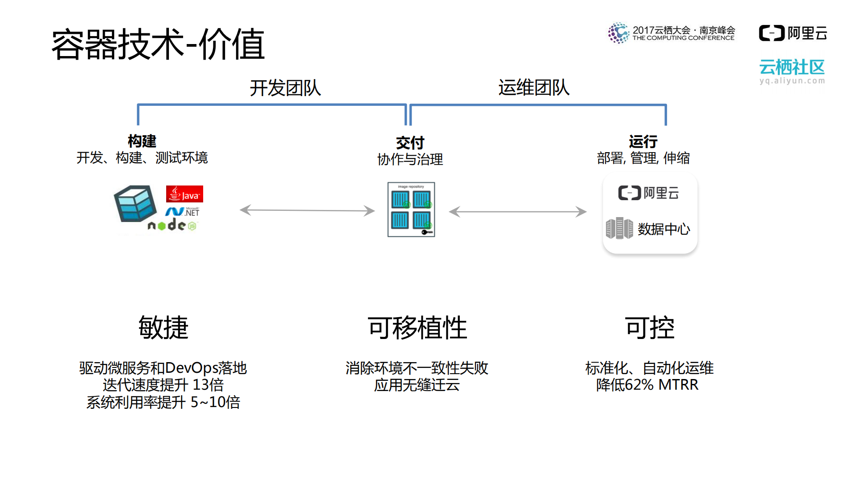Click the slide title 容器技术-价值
[x=158, y=44]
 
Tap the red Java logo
[x=184, y=194]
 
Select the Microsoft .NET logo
[x=183, y=212]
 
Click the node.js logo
[x=172, y=225]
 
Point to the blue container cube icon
[x=135, y=204]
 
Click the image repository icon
[x=411, y=210]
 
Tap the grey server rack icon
[x=619, y=228]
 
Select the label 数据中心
[x=663, y=229]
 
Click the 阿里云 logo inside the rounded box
[x=648, y=193]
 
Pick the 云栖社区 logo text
[x=792, y=68]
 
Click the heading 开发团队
[x=285, y=88]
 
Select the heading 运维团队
[x=533, y=87]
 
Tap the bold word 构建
[x=142, y=141]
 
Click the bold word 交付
[x=410, y=143]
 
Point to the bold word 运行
[x=643, y=141]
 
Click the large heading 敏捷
[x=164, y=328]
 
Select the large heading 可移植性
[x=417, y=328]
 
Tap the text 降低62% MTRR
[x=647, y=385]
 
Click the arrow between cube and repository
[x=307, y=210]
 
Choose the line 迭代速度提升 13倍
[x=163, y=385]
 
